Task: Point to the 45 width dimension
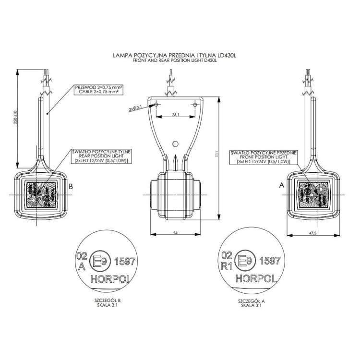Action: [x=175, y=232]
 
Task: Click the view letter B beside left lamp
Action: [x=71, y=188]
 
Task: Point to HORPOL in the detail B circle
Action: [x=110, y=278]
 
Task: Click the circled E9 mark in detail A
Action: [x=244, y=261]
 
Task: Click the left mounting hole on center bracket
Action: [x=156, y=104]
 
